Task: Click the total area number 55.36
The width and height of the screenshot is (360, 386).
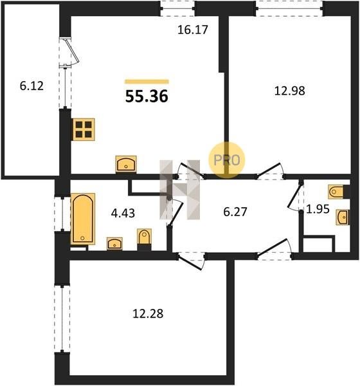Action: (x=147, y=96)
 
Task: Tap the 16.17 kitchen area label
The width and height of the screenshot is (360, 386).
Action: (x=193, y=30)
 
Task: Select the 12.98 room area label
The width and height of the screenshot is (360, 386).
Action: (x=290, y=91)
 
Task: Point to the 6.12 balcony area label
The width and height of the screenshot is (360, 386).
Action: (x=32, y=86)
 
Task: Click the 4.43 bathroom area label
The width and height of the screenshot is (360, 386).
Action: (x=123, y=213)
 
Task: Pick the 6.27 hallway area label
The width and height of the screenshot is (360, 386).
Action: (x=235, y=212)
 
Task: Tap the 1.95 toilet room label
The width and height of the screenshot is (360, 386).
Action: (x=318, y=209)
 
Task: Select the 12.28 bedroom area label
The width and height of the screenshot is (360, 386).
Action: (x=148, y=314)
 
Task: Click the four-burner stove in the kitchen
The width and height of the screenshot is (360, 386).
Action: (x=84, y=129)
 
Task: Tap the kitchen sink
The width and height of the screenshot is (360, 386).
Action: (x=126, y=163)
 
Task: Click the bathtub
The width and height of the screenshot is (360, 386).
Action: (x=83, y=219)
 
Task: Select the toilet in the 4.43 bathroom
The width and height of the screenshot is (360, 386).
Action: (x=144, y=237)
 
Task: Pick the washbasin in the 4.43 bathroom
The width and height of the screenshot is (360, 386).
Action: (x=114, y=244)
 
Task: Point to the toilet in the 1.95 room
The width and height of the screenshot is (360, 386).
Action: (x=336, y=192)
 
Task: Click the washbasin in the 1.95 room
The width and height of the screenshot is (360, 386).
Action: (x=343, y=217)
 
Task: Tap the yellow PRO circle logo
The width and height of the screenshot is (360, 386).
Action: (x=227, y=160)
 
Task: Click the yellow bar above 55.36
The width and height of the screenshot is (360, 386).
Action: (x=147, y=82)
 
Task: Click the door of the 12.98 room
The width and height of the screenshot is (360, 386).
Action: (x=270, y=170)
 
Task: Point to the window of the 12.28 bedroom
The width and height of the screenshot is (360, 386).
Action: (x=62, y=319)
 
